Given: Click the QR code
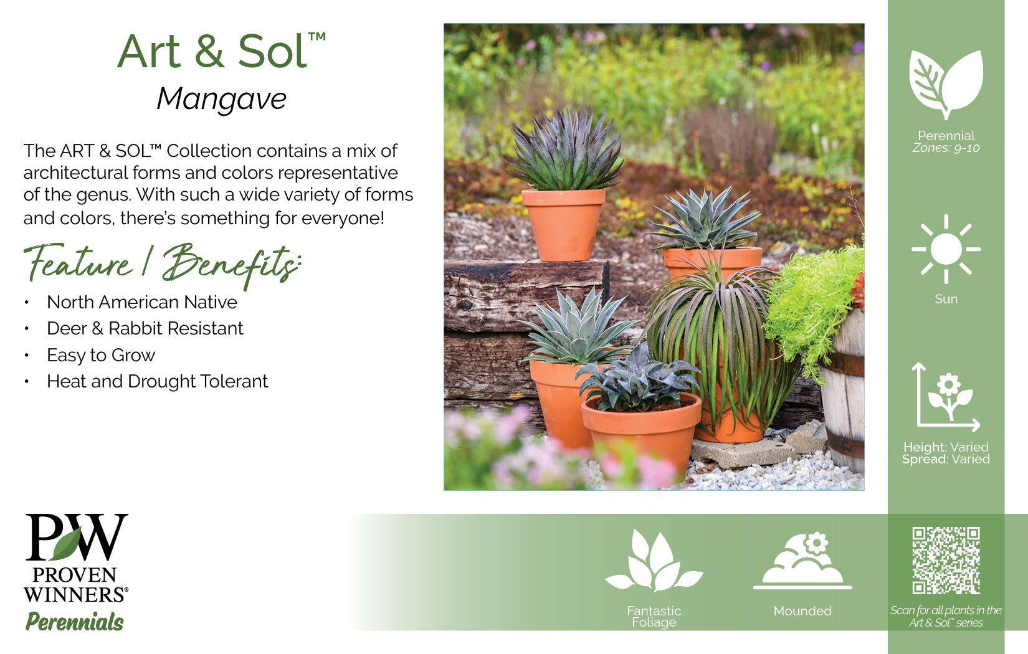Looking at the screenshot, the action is [x=946, y=561].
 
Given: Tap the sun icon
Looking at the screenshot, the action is [x=946, y=249].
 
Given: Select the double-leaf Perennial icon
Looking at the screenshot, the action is [x=946, y=85].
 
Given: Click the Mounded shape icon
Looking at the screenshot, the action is [x=802, y=561].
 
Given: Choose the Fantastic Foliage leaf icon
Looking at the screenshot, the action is [x=654, y=561].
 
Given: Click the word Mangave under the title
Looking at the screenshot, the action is [x=222, y=99].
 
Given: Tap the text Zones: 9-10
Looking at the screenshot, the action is [x=946, y=148].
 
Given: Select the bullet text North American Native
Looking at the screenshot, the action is [x=142, y=302].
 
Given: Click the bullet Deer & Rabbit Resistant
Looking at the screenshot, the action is [x=145, y=329].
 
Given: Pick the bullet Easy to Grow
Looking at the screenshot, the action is [x=101, y=355].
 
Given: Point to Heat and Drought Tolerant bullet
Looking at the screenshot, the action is [x=158, y=381].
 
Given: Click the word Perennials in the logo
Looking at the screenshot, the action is [x=74, y=622].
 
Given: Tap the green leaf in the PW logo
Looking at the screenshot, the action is [x=67, y=544].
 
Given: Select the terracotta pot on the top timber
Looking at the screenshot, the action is [x=564, y=225].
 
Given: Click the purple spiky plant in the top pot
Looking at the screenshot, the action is [x=564, y=149].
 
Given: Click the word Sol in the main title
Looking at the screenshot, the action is [x=272, y=51].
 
